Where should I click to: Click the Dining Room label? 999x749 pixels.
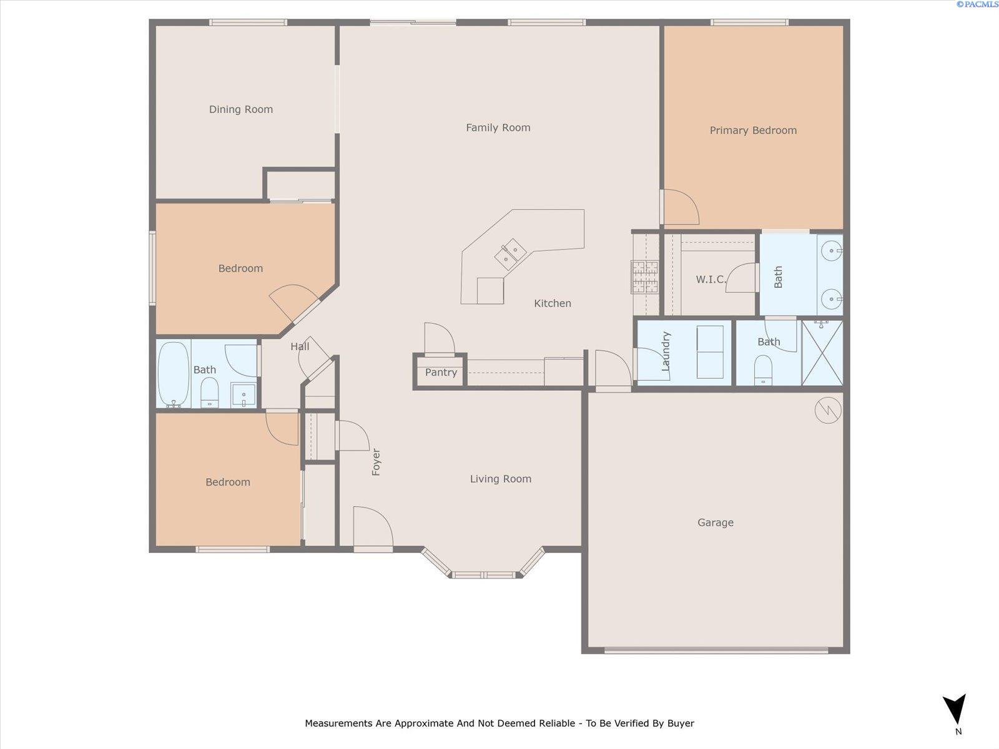240,109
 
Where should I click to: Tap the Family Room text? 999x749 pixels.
498,127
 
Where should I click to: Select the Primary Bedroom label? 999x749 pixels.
753,130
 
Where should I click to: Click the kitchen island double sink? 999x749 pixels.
509,253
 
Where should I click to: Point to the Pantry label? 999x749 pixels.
441,372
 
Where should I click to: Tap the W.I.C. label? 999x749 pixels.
711,279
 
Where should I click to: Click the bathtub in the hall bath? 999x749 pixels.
173,373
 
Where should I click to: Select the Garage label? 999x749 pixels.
715,522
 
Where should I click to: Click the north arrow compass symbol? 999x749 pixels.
955,710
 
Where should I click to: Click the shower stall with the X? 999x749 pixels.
822,353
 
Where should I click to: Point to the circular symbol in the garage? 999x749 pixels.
828,410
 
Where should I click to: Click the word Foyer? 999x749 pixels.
376,462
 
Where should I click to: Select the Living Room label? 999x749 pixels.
500,479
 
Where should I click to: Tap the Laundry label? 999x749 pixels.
666,351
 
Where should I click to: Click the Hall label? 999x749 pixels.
300,346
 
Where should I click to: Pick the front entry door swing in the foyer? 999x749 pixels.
372,527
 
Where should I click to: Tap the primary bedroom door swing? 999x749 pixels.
681,207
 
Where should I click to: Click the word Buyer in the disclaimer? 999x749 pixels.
681,723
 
